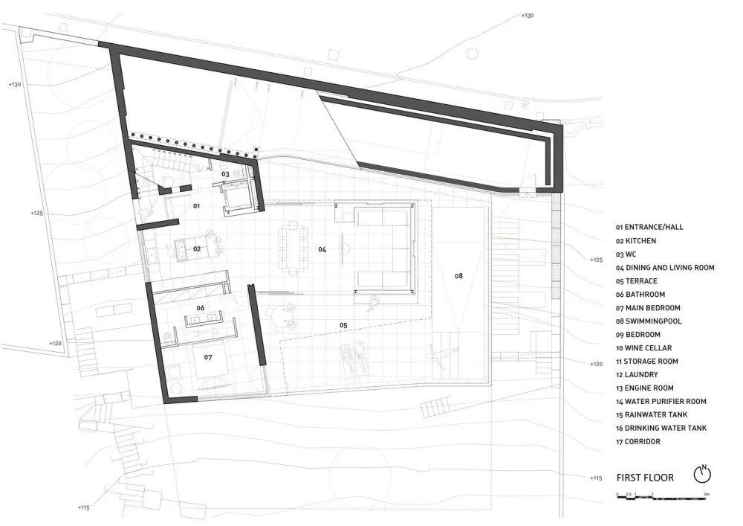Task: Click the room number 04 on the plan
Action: (322, 249)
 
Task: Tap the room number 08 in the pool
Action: (458, 276)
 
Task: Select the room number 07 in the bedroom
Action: (208, 357)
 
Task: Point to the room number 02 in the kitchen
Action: (197, 248)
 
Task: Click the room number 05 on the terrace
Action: (343, 325)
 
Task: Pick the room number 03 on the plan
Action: (225, 174)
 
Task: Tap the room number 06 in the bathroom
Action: (200, 307)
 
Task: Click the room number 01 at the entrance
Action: (197, 205)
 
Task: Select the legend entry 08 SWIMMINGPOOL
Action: (649, 321)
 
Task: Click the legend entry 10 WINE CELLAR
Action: (643, 348)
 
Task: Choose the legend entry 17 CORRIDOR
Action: (637, 442)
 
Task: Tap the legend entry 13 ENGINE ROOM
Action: (645, 388)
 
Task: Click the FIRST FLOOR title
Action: (645, 477)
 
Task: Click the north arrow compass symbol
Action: (703, 474)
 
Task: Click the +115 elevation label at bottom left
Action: (83, 507)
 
